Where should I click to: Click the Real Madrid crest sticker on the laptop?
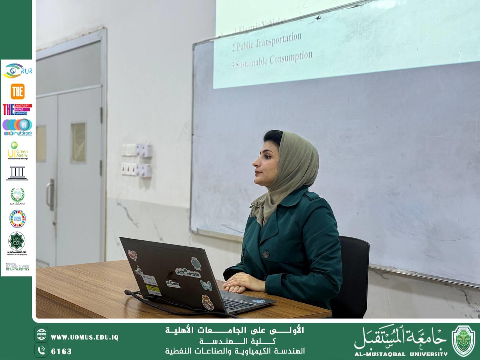[206, 301]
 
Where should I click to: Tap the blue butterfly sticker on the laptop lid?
[206, 285]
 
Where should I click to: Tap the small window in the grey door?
[78, 138]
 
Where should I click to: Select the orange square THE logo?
[17, 91]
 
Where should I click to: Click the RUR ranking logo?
[17, 71]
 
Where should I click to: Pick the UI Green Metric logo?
[17, 151]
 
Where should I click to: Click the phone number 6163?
[61, 351]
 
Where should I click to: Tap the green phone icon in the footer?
[41, 350]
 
